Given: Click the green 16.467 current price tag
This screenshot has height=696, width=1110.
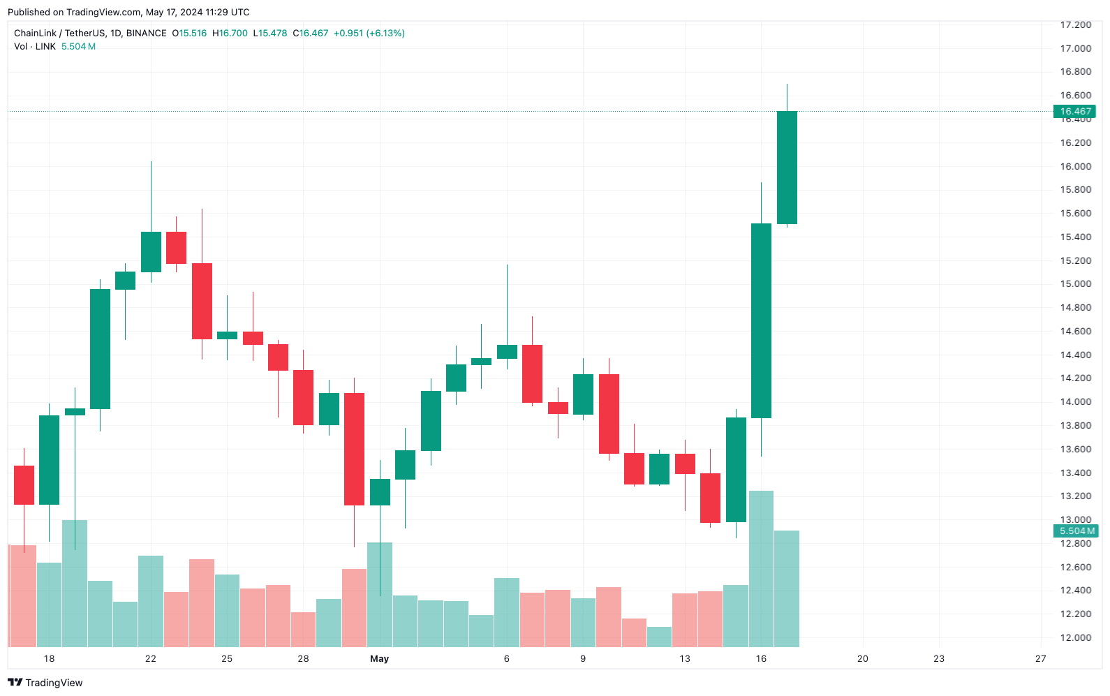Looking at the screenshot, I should [1074, 112].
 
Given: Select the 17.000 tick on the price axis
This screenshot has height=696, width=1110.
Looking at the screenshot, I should [1075, 48].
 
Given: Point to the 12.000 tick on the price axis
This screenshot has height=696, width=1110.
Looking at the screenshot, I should [1075, 637].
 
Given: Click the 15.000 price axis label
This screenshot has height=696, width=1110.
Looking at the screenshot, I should [1075, 284].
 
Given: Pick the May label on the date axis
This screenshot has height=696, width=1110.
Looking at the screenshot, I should [379, 658].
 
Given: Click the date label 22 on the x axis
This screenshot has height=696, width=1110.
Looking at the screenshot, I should [151, 658].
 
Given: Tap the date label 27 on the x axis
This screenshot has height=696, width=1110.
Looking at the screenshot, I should [1040, 658].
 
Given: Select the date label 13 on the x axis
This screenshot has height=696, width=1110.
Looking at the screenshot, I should [684, 658].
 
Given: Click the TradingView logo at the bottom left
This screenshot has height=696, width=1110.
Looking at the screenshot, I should [45, 683].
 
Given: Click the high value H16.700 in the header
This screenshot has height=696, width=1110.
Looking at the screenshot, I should [230, 33].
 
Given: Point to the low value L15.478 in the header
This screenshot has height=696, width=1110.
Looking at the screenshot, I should [270, 33].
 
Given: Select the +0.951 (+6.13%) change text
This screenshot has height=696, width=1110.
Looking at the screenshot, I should [369, 33].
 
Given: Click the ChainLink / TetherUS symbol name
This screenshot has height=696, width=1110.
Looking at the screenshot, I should [59, 33].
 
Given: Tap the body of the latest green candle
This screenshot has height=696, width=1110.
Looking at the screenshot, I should [787, 168].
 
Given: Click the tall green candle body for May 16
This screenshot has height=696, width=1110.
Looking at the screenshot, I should [761, 320].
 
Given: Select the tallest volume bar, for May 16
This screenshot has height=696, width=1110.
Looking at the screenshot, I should [761, 569].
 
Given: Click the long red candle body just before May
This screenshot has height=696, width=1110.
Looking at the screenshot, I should [354, 449].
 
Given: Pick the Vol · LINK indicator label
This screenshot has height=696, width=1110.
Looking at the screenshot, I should [35, 47].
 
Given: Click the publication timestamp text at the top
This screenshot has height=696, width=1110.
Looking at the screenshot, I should [128, 12].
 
